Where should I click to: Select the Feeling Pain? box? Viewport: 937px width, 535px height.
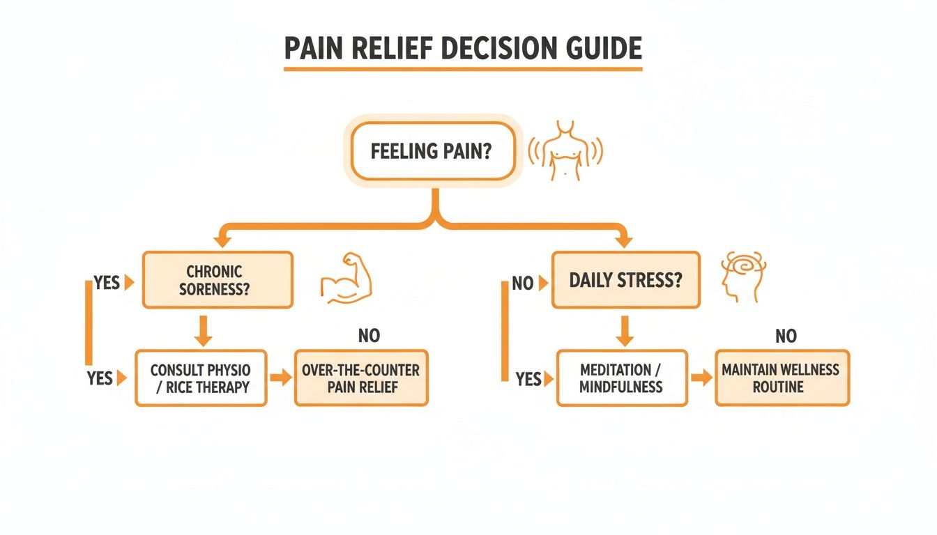tap(430, 151)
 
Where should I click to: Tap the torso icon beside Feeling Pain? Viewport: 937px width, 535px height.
tap(565, 150)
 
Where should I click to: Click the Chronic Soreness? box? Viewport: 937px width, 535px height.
tap(218, 279)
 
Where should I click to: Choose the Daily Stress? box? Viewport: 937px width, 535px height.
tap(625, 280)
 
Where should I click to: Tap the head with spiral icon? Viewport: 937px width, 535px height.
tap(742, 275)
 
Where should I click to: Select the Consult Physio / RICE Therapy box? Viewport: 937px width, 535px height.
tap(201, 378)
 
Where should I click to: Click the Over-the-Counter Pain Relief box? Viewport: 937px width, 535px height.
tap(361, 378)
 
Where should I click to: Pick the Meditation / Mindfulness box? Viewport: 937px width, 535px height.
tap(621, 378)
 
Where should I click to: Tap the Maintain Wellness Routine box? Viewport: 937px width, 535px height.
tap(782, 378)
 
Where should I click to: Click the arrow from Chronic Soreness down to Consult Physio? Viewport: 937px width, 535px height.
tap(203, 330)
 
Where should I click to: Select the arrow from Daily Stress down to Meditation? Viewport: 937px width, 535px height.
tap(625, 330)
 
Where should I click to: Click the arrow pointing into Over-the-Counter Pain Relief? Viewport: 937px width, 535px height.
tap(280, 378)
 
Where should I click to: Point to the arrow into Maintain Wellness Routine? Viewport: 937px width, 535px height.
tap(701, 378)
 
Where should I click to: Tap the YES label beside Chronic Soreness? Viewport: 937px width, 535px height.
tap(107, 284)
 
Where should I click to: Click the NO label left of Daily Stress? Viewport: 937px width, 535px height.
tap(522, 284)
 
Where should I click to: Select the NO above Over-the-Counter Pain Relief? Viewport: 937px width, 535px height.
tap(369, 336)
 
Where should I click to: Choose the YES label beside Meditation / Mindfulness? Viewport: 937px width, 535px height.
tap(528, 379)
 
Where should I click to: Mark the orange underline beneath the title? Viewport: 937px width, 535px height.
tap(463, 69)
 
